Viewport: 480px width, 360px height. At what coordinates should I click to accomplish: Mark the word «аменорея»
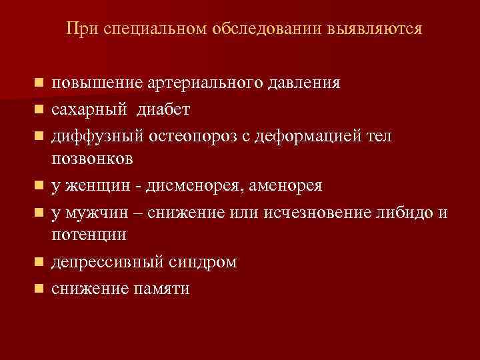(x=286, y=185)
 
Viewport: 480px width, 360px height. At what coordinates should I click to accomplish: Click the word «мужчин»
(x=91, y=212)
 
